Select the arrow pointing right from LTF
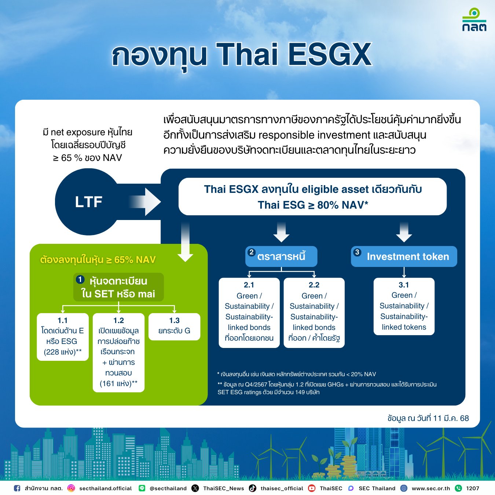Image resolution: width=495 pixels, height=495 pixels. (x=145, y=202)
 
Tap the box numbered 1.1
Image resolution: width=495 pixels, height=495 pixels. (x=63, y=337)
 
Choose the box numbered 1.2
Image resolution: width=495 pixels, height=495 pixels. (x=118, y=352)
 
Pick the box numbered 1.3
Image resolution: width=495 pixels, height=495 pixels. (x=174, y=326)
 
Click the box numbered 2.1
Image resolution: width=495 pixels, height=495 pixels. (x=249, y=313)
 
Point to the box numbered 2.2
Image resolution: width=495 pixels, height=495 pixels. (x=314, y=313)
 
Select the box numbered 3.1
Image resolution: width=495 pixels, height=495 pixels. (x=404, y=306)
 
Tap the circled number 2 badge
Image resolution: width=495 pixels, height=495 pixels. (x=252, y=252)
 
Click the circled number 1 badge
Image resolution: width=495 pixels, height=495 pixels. (x=80, y=279)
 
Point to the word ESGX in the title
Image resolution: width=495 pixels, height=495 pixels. (x=330, y=55)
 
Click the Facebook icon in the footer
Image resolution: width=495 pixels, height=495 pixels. (x=17, y=488)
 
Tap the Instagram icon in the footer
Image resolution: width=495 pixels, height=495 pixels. (x=71, y=488)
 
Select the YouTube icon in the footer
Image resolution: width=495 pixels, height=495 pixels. (x=312, y=488)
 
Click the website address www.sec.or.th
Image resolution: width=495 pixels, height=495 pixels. (x=431, y=488)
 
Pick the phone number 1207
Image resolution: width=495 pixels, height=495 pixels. (x=473, y=488)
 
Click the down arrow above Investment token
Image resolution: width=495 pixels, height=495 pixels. (x=404, y=232)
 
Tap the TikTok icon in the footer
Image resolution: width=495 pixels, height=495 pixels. (x=253, y=488)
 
